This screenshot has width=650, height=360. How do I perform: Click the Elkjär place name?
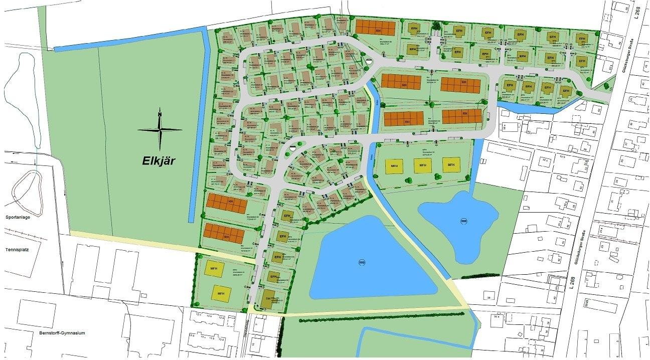[159, 162]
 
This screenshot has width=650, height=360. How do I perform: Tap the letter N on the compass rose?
[159, 114]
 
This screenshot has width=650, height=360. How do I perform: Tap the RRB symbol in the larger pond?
[362, 262]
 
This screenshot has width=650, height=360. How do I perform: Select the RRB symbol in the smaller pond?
[463, 221]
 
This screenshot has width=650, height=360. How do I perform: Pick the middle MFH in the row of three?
[422, 165]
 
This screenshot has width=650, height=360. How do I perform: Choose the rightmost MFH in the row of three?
[451, 165]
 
